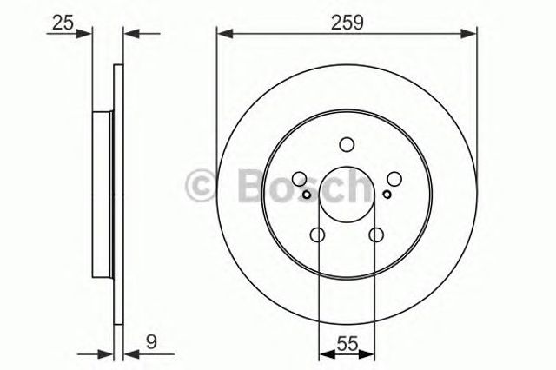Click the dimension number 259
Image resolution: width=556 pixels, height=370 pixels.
coord(347,23)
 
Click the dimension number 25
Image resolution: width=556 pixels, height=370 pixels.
coord(63,23)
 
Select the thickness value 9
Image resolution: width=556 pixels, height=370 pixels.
coord(151,342)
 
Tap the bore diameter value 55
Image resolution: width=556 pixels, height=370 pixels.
coord(347,344)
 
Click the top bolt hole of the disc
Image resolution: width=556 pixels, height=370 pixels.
coord(347,144)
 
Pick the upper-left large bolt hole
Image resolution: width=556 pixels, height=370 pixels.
coord(300,179)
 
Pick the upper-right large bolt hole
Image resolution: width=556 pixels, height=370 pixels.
coord(394,179)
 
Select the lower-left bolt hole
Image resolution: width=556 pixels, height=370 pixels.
coord(317,235)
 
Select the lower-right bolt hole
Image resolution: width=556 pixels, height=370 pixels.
coord(376,235)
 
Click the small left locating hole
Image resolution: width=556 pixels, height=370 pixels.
coord(307,195)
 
